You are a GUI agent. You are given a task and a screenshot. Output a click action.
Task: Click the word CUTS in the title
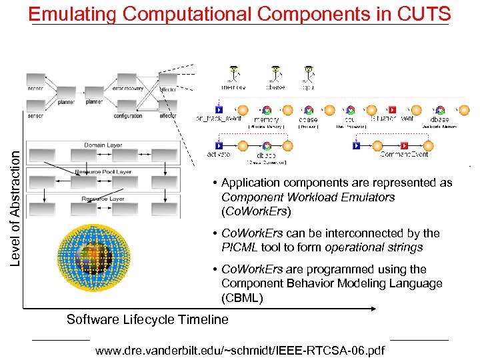click(x=424, y=13)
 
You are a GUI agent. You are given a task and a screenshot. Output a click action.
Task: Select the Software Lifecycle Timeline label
click(x=147, y=319)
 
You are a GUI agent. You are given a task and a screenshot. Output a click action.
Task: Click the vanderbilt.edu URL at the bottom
click(x=240, y=349)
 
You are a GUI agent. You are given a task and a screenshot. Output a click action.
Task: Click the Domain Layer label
click(x=103, y=145)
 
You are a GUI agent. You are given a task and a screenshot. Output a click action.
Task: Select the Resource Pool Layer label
click(x=103, y=171)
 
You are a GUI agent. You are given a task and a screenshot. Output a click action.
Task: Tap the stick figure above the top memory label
click(x=233, y=73)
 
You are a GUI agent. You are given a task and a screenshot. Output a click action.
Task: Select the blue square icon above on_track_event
click(x=218, y=109)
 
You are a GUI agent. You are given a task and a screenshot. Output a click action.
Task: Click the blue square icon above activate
click(x=218, y=145)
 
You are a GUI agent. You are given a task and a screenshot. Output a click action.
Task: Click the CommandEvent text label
click(x=405, y=154)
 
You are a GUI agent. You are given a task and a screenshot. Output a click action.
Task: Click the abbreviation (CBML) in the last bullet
click(x=242, y=298)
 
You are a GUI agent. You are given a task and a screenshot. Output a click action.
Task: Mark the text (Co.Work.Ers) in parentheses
click(x=257, y=212)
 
